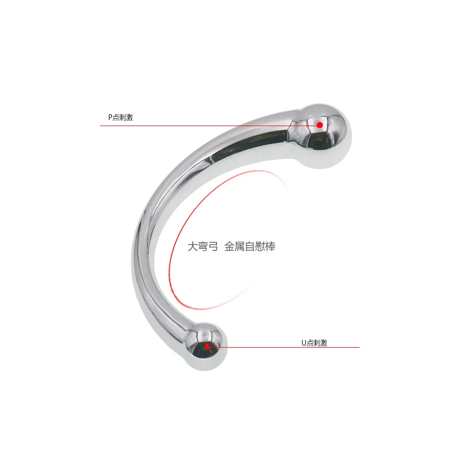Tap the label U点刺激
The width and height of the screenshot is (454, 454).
(x=314, y=343)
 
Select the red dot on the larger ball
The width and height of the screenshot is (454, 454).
(x=320, y=125)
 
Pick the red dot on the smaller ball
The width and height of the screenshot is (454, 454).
(x=207, y=347)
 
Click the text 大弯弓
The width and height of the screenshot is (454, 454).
(x=202, y=247)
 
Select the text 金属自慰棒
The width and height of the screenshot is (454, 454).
(x=250, y=247)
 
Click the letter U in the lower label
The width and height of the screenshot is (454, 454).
(x=304, y=343)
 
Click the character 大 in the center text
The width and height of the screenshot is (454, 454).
(x=192, y=247)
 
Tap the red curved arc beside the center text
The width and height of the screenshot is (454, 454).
(x=171, y=242)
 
